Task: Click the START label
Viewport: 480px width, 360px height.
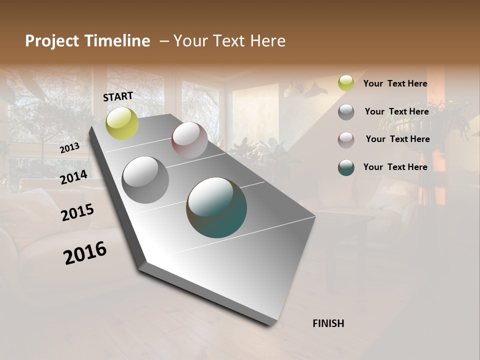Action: (118, 96)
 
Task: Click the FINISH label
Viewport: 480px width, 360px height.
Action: (328, 323)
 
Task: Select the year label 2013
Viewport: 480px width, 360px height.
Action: (70, 148)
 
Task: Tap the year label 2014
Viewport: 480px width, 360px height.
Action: (74, 177)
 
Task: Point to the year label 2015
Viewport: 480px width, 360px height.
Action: (77, 212)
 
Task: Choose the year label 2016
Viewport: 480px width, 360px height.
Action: (85, 252)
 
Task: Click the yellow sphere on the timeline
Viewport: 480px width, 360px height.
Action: (122, 123)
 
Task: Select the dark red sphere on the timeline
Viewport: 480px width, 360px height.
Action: (189, 140)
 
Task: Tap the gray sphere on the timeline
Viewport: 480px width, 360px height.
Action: (145, 180)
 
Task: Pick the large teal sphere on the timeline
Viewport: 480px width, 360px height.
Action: (216, 207)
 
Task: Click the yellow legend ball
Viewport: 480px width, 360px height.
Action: (346, 83)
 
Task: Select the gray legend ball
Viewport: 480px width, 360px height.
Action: (346, 112)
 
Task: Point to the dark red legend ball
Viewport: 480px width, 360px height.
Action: (346, 140)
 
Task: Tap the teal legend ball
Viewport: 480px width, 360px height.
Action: (346, 167)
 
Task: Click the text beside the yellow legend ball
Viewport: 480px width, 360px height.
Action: (395, 83)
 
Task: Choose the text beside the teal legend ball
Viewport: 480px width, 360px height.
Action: (395, 167)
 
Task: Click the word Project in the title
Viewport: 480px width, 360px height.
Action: (52, 41)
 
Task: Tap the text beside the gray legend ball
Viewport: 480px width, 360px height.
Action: (396, 111)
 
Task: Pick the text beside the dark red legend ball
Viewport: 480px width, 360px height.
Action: (397, 139)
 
